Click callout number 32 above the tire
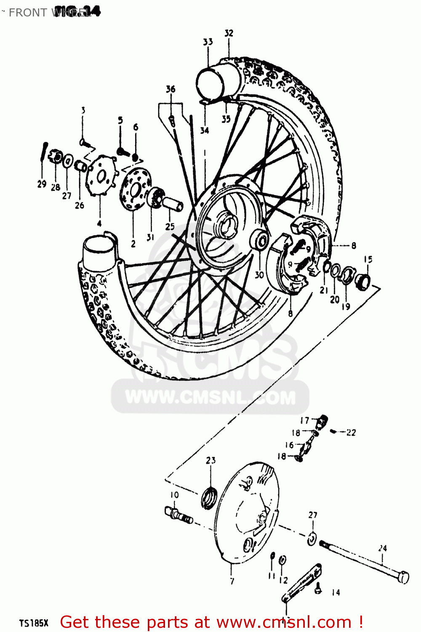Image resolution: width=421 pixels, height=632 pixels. coord(229,33)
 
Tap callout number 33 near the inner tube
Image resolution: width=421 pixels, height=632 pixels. coord(208,42)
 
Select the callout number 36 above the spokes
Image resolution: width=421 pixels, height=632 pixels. coord(171,89)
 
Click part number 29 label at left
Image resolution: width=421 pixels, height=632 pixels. coord(42,184)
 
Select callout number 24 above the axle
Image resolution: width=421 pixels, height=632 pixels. coord(382,548)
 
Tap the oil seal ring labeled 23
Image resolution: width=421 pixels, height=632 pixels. coord(209,498)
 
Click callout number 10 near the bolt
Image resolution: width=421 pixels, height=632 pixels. coord(174,495)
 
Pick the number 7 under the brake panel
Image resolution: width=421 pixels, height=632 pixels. coord(232,581)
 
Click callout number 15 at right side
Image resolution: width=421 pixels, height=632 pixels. coord(368,259)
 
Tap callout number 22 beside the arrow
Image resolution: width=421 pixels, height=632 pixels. coord(351,432)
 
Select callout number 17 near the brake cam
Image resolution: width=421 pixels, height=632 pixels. coord(305,420)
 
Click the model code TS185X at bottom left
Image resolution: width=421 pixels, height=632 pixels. coord(34,623)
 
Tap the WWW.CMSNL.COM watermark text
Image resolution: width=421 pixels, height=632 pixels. coord(210,398)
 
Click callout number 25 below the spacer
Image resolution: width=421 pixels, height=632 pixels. coord(170,226)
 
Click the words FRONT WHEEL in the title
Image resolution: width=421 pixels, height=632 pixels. coord(46,13)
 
